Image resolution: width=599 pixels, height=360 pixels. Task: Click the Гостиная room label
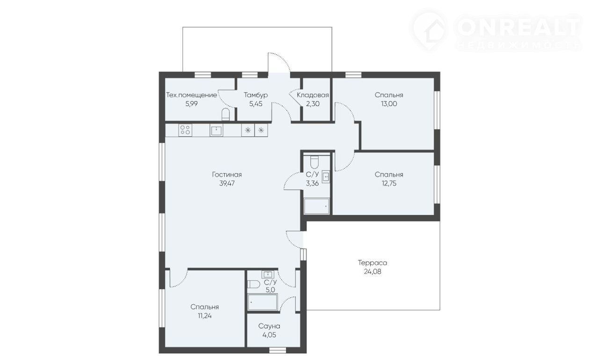pyautogui.click(x=227, y=175)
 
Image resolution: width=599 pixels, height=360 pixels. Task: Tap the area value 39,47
pyautogui.click(x=227, y=184)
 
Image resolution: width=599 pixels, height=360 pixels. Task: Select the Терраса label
pyautogui.click(x=373, y=263)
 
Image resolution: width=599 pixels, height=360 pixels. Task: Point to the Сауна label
pyautogui.click(x=269, y=326)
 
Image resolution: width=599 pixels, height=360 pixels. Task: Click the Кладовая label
pyautogui.click(x=313, y=95)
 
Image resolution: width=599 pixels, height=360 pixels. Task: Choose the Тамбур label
pyautogui.click(x=256, y=95)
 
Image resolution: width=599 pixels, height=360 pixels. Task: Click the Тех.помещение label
pyautogui.click(x=191, y=95)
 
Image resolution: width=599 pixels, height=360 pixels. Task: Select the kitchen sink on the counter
pyautogui.click(x=216, y=130)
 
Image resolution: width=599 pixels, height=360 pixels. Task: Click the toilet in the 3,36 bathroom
pyautogui.click(x=314, y=162)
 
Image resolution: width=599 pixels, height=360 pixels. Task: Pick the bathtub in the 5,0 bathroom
pyautogui.click(x=263, y=301)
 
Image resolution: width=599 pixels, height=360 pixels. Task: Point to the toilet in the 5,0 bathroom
pyautogui.click(x=254, y=284)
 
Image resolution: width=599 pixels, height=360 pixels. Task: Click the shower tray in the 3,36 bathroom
pyautogui.click(x=317, y=206)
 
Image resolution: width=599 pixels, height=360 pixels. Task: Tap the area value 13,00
pyautogui.click(x=389, y=104)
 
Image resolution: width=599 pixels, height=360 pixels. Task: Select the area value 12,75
pyautogui.click(x=389, y=184)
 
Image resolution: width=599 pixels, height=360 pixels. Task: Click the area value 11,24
pyautogui.click(x=205, y=316)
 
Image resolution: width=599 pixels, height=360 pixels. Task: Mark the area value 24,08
pyautogui.click(x=373, y=272)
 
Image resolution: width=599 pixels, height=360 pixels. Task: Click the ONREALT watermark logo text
pyautogui.click(x=519, y=27)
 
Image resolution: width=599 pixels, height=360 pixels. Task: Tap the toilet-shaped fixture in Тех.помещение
pyautogui.click(x=226, y=115)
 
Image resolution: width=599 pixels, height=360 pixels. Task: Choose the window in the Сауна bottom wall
pyautogui.click(x=278, y=350)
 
